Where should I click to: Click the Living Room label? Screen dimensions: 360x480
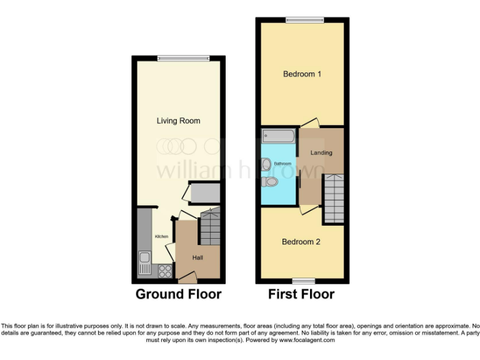[178, 121]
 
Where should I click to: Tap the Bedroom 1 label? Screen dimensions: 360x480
[302, 74]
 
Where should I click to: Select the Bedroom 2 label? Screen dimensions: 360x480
[301, 241]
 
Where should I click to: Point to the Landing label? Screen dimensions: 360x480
[321, 152]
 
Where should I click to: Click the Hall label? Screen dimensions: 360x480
[197, 257]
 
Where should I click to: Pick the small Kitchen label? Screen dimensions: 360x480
[162, 236]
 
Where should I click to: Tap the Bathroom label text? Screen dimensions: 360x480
[282, 163]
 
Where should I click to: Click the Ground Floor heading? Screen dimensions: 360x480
[178, 294]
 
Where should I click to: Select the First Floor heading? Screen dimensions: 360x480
[301, 294]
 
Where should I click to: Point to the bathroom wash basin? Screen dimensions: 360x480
[267, 164]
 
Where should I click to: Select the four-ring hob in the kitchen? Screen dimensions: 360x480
[166, 271]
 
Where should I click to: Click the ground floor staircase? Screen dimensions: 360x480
[209, 227]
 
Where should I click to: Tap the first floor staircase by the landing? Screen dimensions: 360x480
[333, 197]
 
